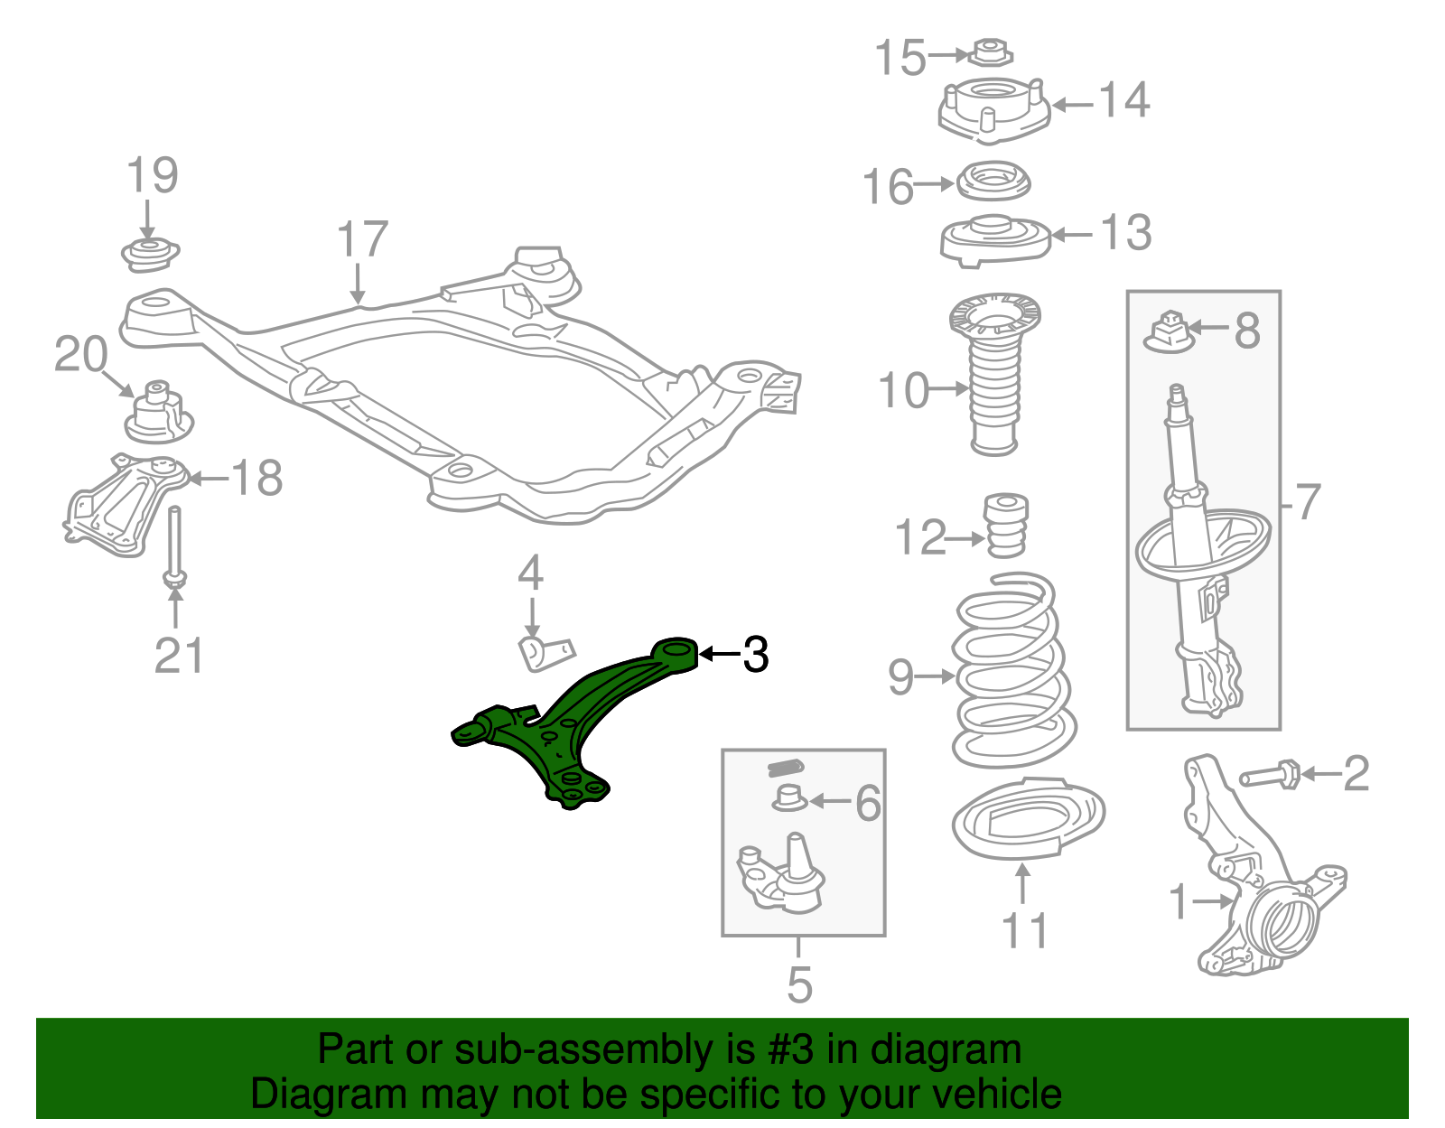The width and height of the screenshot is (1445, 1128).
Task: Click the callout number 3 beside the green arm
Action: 755,654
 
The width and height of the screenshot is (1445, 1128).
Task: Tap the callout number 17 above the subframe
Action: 362,239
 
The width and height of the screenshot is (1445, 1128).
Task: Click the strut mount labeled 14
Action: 993,110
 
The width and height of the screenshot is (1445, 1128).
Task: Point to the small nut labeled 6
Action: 789,798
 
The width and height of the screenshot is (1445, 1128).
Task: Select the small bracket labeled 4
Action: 545,652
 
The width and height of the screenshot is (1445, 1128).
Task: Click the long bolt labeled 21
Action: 175,546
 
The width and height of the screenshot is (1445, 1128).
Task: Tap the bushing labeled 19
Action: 150,253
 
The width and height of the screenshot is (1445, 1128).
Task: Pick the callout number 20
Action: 80,354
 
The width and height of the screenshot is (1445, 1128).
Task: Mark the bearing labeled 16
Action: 993,183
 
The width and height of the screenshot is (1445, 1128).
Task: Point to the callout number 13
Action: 1125,233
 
